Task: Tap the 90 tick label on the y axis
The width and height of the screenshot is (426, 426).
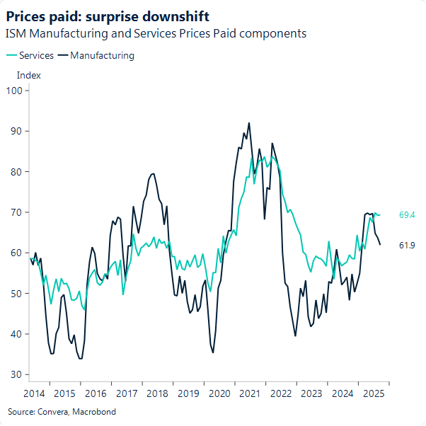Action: (x=18, y=131)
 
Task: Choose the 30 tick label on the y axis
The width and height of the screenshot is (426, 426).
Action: (x=18, y=374)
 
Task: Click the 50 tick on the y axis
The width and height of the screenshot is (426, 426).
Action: (x=18, y=293)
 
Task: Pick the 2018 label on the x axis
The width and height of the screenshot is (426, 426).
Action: (x=157, y=393)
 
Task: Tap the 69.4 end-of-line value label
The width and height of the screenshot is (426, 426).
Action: (x=407, y=214)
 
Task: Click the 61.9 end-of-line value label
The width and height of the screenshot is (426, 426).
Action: (x=407, y=245)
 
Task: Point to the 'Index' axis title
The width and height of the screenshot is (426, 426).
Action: (x=28, y=75)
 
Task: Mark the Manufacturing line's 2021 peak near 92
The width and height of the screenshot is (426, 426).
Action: (x=249, y=123)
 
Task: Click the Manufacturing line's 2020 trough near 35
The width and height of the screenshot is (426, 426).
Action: (x=213, y=352)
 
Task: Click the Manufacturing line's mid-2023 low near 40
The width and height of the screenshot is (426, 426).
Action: (x=295, y=335)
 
